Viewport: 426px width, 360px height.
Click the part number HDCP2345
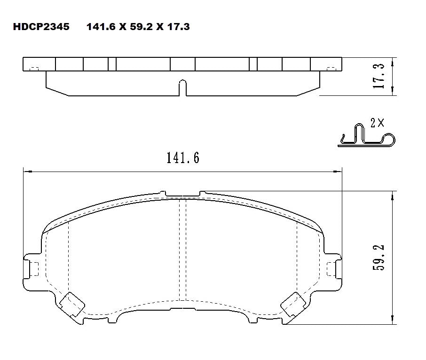41,27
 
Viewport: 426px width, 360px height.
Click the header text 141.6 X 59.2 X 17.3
138,27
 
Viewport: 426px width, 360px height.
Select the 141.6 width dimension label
182,158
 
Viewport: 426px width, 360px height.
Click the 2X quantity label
377,124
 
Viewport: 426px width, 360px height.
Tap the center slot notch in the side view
182,87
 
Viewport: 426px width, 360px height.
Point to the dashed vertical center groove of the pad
183,249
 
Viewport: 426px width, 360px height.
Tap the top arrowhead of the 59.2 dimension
393,194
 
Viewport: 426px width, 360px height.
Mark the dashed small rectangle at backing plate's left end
33,69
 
